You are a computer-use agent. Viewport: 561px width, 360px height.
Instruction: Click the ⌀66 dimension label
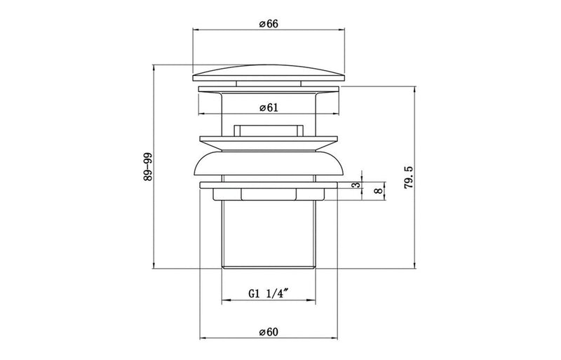(x=269, y=24)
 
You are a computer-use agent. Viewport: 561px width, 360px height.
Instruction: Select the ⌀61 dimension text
(x=269, y=107)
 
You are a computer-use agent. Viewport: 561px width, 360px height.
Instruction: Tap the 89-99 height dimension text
(x=147, y=167)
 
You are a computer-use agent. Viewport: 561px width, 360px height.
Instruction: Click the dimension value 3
(x=356, y=185)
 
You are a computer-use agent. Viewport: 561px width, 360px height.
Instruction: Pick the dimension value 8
(x=378, y=189)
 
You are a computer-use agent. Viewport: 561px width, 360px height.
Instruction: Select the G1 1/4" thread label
(x=269, y=296)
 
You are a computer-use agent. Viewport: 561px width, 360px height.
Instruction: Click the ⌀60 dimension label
(x=269, y=332)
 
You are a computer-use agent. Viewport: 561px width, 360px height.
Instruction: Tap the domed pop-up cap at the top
(x=269, y=73)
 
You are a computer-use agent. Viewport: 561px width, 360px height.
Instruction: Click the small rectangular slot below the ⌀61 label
(x=269, y=128)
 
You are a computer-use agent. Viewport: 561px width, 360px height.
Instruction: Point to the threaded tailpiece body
(x=269, y=232)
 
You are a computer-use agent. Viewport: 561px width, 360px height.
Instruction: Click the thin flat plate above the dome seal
(x=269, y=138)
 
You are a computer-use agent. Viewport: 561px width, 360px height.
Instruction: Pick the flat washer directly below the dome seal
(x=269, y=185)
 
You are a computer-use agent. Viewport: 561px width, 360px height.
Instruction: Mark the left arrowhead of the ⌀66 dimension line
(x=195, y=30)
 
